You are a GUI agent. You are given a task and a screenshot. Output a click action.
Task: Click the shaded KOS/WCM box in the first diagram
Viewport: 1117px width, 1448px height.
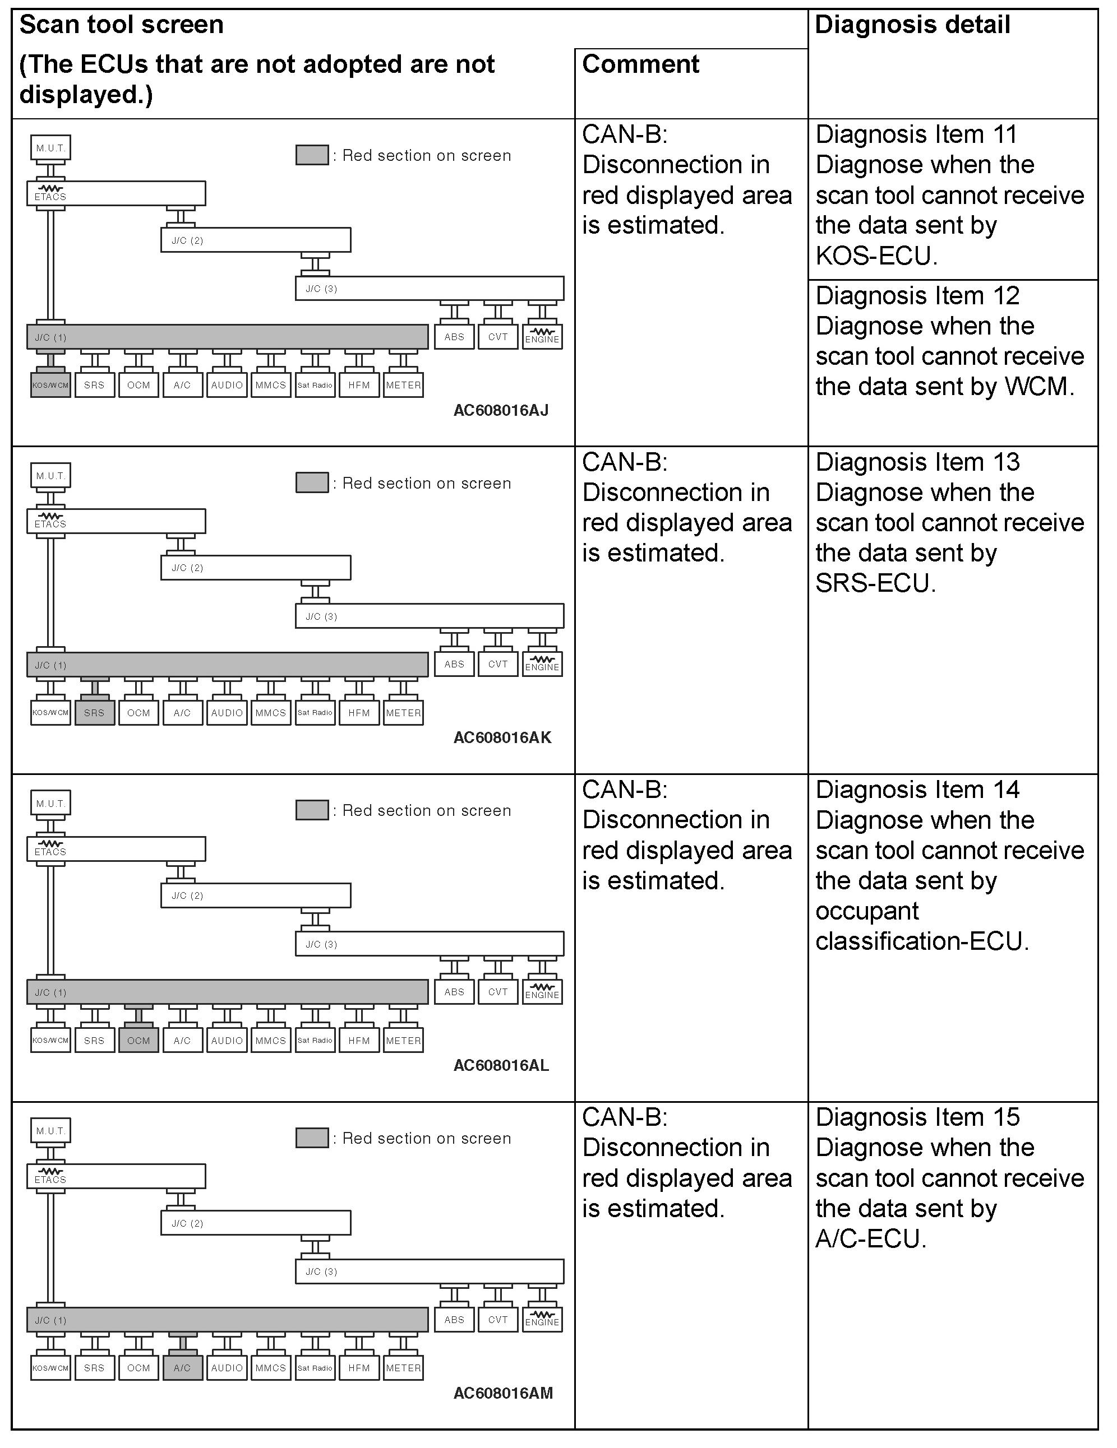click(50, 385)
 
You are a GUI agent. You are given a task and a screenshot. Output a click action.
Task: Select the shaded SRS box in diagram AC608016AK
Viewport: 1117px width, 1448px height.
click(94, 713)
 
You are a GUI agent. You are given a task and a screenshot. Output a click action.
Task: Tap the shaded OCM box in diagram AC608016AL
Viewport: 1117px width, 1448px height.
click(139, 1040)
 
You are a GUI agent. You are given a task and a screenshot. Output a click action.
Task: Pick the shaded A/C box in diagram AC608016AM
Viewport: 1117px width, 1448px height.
click(182, 1368)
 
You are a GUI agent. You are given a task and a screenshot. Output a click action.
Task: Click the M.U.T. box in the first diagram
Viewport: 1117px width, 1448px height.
click(50, 148)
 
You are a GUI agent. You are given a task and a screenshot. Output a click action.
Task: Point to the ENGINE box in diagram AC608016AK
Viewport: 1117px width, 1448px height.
click(542, 665)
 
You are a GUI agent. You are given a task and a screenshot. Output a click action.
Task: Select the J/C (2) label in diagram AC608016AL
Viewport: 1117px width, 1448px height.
click(188, 895)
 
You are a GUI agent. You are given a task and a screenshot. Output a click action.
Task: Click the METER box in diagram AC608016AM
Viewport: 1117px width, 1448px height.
click(403, 1368)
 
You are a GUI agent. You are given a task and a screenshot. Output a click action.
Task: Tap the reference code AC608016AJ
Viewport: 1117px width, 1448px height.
click(501, 410)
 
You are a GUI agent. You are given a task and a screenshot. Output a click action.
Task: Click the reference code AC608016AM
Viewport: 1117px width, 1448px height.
click(503, 1393)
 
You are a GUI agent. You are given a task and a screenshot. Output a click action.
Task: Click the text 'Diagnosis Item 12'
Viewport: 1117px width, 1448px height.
click(917, 296)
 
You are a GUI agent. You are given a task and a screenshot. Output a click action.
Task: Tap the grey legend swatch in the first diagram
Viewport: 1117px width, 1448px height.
click(312, 155)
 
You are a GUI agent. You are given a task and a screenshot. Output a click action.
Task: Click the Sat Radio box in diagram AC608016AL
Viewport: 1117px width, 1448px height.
click(315, 1040)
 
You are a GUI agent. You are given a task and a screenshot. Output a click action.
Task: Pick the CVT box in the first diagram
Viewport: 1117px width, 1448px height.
click(497, 337)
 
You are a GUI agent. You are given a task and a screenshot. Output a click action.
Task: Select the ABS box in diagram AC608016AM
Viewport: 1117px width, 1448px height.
click(454, 1319)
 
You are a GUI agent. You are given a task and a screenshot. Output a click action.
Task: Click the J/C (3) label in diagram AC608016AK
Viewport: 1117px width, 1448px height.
click(322, 616)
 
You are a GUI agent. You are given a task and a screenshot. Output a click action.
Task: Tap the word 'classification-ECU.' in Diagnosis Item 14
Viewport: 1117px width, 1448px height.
click(922, 941)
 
